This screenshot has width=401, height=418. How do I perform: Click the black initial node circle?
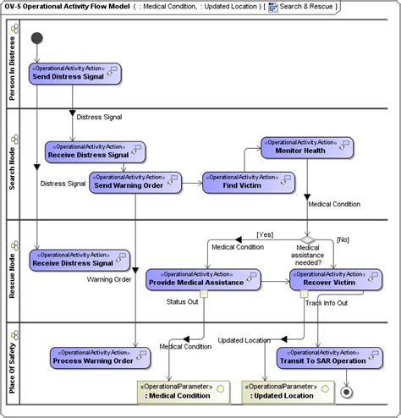pyautogui.click(x=36, y=39)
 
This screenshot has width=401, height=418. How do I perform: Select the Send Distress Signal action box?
pyautogui.click(x=75, y=74)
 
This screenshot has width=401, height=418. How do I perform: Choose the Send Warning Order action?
pyautogui.click(x=129, y=182)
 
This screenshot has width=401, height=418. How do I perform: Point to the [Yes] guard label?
pyautogui.click(x=266, y=234)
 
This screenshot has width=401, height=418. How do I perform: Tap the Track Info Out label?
pyautogui.click(x=325, y=302)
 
